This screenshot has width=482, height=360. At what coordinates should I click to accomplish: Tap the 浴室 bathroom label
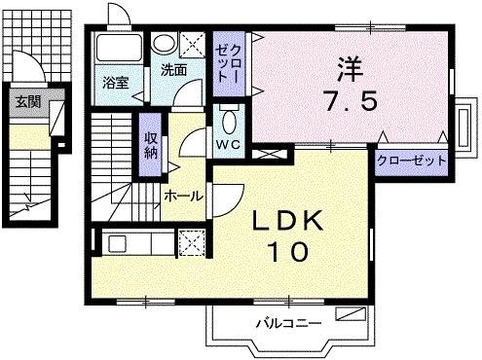[116, 83]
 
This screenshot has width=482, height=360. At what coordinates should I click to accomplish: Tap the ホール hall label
[182, 197]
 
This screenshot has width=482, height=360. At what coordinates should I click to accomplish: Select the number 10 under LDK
[287, 252]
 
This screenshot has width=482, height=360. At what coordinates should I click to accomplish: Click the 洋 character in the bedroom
[350, 68]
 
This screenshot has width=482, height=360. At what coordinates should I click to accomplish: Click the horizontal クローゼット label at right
[410, 161]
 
